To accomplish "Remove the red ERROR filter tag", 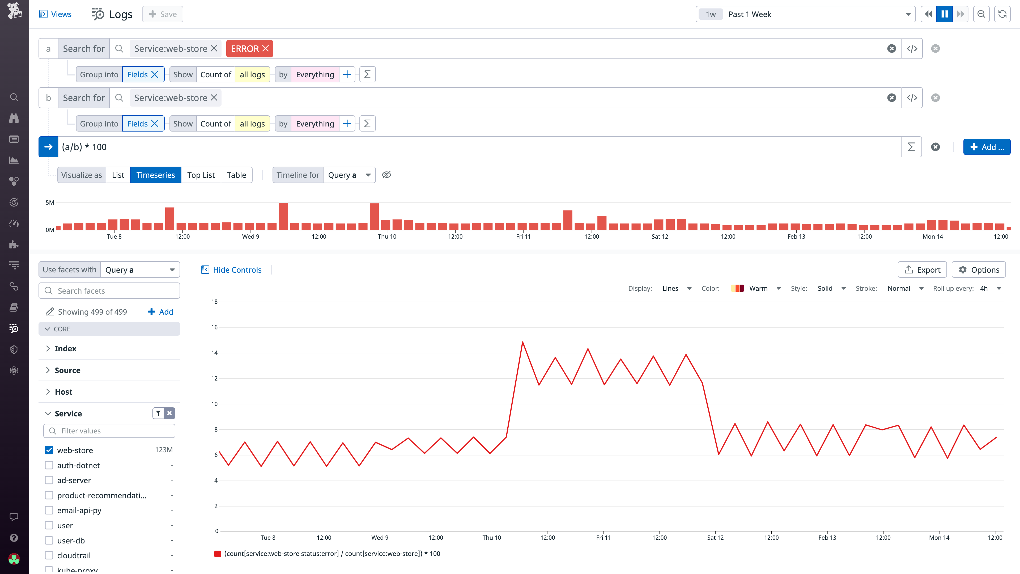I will [265, 48].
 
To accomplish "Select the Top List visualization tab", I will [201, 175].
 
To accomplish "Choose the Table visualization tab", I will [236, 175].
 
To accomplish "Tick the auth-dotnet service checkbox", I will [49, 465].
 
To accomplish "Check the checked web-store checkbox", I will [49, 450].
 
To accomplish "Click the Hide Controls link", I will [237, 270].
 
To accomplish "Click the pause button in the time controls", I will [944, 14].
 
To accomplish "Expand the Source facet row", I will [67, 370].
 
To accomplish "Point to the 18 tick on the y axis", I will [214, 302].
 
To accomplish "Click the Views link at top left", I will [56, 14].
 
